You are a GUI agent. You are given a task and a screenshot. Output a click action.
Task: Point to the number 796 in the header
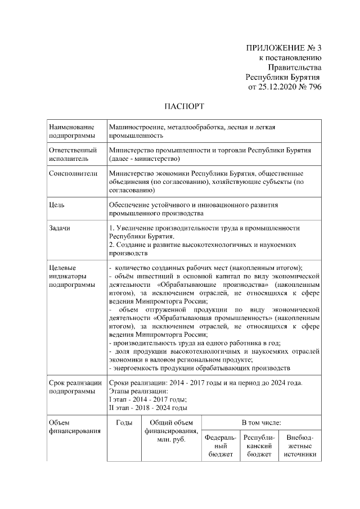(x=313, y=87)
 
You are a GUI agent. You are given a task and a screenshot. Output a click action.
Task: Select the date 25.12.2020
(x=277, y=87)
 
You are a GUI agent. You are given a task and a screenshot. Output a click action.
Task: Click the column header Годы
(x=124, y=422)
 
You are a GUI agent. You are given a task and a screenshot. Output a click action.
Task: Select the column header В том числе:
(x=262, y=422)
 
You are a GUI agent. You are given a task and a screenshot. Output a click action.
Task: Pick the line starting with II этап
(x=148, y=408)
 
